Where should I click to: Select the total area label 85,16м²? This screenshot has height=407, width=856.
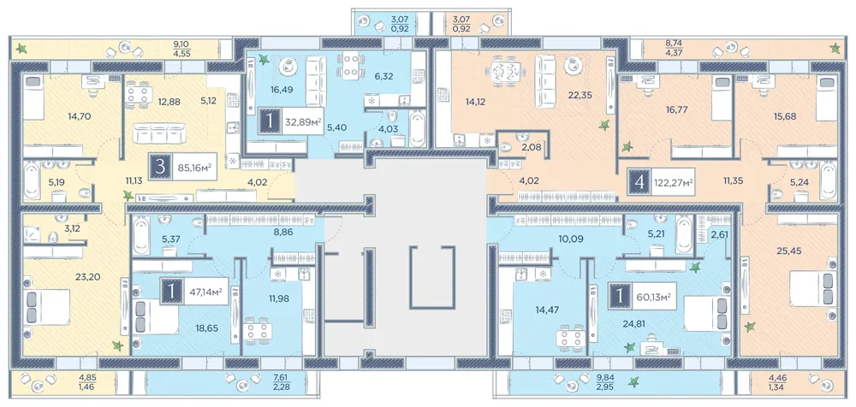193,167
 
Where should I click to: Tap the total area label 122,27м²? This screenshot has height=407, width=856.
674,181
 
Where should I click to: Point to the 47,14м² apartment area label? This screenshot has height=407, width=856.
205,292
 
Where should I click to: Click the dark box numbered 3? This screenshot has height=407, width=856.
160,167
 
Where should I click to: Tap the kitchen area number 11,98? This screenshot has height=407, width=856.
278,298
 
